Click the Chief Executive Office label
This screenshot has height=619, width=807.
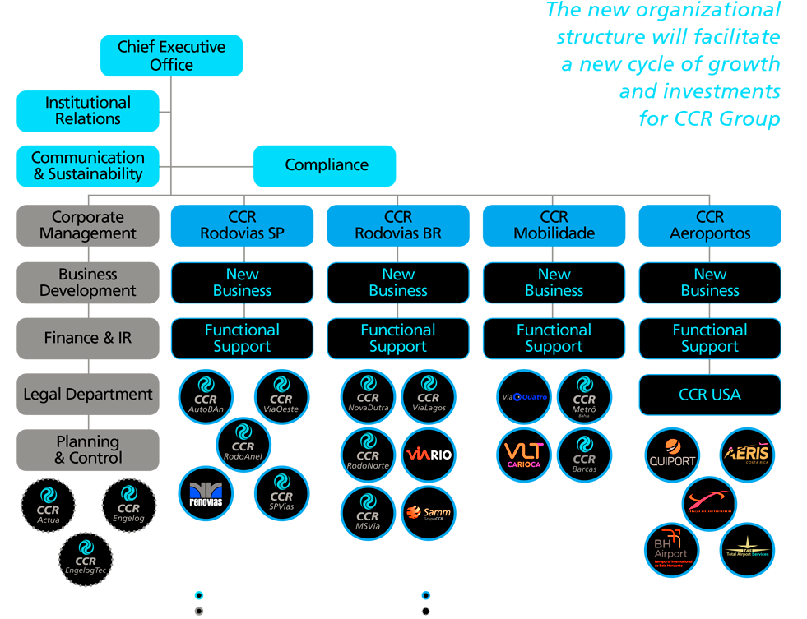click(x=171, y=56)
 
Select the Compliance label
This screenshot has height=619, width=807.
click(x=327, y=165)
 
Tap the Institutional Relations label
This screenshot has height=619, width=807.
click(x=88, y=111)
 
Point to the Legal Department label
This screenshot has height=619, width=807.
click(x=88, y=395)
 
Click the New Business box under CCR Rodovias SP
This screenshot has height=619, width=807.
click(x=242, y=283)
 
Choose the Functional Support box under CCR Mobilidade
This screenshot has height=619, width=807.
click(x=554, y=339)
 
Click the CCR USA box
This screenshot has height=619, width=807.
click(x=710, y=395)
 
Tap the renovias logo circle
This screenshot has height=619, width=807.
click(x=205, y=493)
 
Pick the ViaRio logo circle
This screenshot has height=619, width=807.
click(x=429, y=454)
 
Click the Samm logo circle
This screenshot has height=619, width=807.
click(x=429, y=513)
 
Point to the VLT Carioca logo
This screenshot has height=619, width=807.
click(x=524, y=455)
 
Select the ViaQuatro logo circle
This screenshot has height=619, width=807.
click(x=524, y=397)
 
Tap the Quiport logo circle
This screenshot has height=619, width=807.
click(x=672, y=455)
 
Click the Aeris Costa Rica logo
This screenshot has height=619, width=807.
click(x=747, y=455)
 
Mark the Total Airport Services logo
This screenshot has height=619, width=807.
click(x=747, y=549)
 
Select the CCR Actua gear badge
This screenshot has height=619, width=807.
click(x=48, y=503)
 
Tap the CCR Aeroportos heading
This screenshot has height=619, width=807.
click(x=710, y=225)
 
